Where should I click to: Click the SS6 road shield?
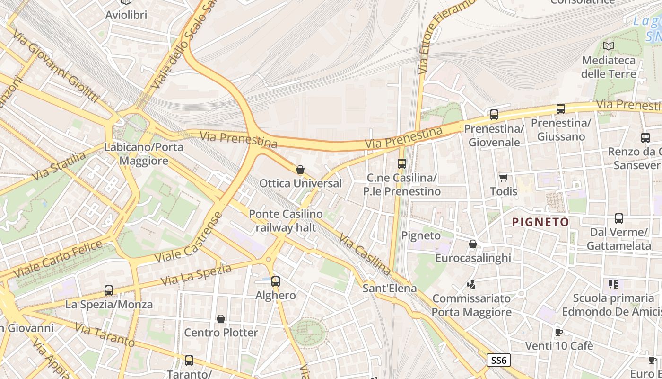tap(498, 360)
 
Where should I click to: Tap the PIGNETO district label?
tap(540, 222)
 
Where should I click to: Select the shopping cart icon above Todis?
tap(503, 178)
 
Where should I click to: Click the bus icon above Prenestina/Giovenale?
tap(494, 115)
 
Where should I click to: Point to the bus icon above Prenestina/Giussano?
tap(561, 109)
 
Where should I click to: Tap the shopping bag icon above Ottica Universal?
tap(300, 170)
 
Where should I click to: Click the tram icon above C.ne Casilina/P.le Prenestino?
tap(401, 164)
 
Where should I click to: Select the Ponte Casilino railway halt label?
tap(286, 221)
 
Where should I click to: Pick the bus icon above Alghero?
tap(276, 281)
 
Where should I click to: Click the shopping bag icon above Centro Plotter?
tap(221, 319)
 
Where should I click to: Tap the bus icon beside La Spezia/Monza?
tap(109, 290)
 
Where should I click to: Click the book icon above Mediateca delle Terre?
tap(609, 46)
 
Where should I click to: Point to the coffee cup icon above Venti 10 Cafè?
tap(558, 332)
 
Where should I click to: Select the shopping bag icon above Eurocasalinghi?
tap(472, 244)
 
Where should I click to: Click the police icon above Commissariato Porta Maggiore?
tap(471, 285)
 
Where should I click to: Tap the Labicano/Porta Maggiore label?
tap(144, 154)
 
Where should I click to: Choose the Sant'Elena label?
tap(390, 288)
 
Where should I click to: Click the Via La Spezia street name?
tap(196, 275)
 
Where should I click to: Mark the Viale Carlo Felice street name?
tap(58, 260)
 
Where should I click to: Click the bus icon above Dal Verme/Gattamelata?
tap(618, 218)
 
